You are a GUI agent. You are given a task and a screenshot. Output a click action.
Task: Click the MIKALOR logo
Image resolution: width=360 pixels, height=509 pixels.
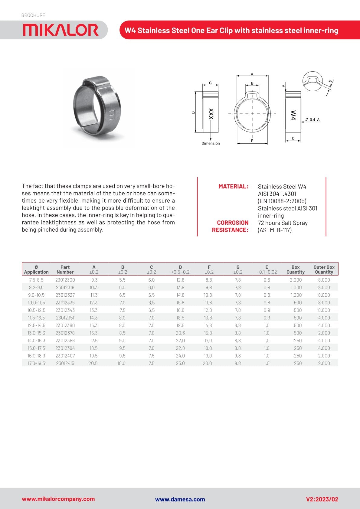click(x=61, y=30)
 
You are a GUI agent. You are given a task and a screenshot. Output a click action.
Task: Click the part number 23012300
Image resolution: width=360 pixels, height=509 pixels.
click(x=65, y=280)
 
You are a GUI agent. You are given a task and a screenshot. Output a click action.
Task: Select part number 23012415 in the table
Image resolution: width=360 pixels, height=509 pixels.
click(x=65, y=363)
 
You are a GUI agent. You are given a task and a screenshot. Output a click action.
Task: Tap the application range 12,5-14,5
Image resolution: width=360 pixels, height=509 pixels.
click(x=36, y=325)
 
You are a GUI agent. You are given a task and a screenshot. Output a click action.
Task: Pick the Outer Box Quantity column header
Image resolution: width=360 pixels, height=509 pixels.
click(x=324, y=269)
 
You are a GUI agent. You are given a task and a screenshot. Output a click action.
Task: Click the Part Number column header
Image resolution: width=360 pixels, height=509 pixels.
click(x=65, y=269)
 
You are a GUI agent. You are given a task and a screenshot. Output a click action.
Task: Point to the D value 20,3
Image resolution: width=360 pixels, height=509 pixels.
click(x=180, y=333)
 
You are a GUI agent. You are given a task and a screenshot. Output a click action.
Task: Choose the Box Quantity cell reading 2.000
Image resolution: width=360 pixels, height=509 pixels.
click(x=296, y=280)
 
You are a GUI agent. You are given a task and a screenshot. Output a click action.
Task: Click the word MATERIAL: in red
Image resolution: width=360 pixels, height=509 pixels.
click(x=233, y=187)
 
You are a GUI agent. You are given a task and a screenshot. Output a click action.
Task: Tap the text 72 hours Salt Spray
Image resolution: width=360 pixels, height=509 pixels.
click(x=283, y=223)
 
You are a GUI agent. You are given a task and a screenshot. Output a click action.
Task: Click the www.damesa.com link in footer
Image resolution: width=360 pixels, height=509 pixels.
click(x=180, y=499)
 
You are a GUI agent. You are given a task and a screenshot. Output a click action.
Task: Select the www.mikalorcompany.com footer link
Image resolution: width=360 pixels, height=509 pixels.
click(x=58, y=499)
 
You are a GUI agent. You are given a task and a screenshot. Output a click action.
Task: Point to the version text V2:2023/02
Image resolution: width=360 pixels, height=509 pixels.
click(x=322, y=499)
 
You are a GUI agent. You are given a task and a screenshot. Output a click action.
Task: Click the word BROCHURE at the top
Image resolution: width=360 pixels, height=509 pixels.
click(x=33, y=15)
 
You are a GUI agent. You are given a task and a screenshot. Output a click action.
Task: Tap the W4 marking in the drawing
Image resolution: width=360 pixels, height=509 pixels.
click(x=293, y=115)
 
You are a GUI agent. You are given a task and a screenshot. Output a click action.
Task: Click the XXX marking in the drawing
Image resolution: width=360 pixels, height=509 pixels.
click(x=211, y=114)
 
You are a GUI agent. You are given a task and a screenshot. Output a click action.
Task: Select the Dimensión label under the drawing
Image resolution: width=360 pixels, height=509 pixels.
click(x=211, y=143)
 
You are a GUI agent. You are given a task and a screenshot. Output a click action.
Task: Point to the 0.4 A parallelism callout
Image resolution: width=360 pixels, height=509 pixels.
click(x=313, y=120)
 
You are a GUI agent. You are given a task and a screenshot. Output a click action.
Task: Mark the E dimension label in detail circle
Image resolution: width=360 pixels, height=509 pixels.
click(x=330, y=81)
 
